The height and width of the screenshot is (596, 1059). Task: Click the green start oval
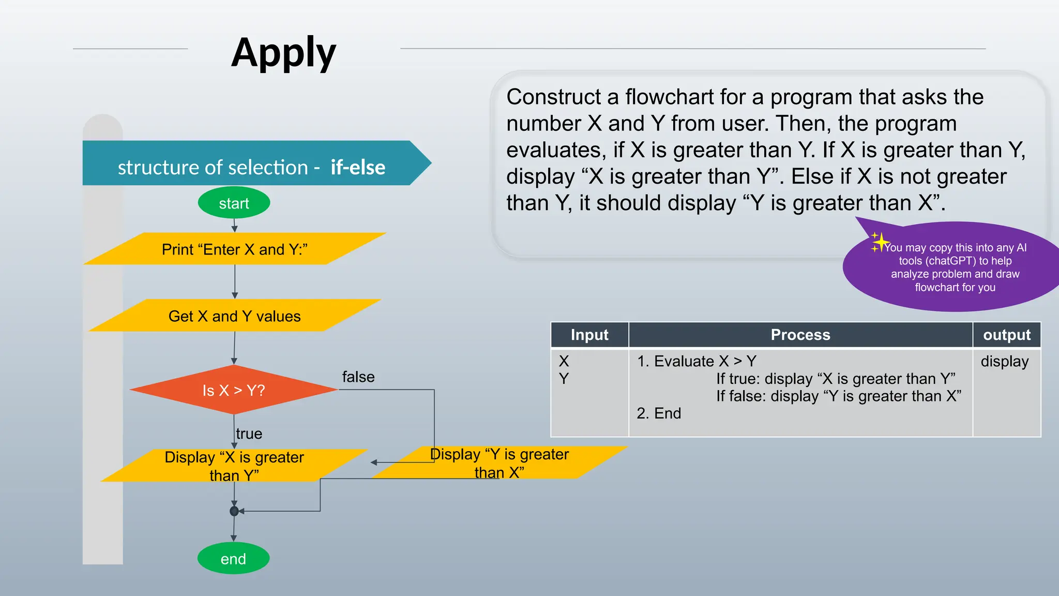click(234, 203)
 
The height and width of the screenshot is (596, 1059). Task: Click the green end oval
click(233, 558)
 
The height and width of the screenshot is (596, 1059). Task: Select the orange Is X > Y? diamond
click(234, 390)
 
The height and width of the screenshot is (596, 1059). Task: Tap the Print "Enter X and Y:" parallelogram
click(234, 249)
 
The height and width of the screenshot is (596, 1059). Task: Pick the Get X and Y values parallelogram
click(234, 316)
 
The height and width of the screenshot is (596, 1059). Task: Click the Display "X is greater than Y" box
click(234, 466)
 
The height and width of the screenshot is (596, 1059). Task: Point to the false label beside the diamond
click(358, 377)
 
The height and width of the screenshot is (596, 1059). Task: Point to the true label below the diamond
click(249, 434)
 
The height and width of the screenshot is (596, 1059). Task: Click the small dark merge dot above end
click(234, 511)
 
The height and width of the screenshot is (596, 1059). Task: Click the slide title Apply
click(283, 53)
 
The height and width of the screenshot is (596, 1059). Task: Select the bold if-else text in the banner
click(358, 167)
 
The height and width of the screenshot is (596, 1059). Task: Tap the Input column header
click(589, 335)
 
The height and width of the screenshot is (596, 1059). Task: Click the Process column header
click(800, 335)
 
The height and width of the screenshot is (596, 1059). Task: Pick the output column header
click(1006, 335)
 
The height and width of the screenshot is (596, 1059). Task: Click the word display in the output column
click(1004, 361)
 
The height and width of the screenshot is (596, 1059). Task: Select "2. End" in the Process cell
click(659, 413)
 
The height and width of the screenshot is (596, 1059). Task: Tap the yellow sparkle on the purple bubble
click(879, 242)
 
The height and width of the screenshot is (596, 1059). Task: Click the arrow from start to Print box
click(234, 225)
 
